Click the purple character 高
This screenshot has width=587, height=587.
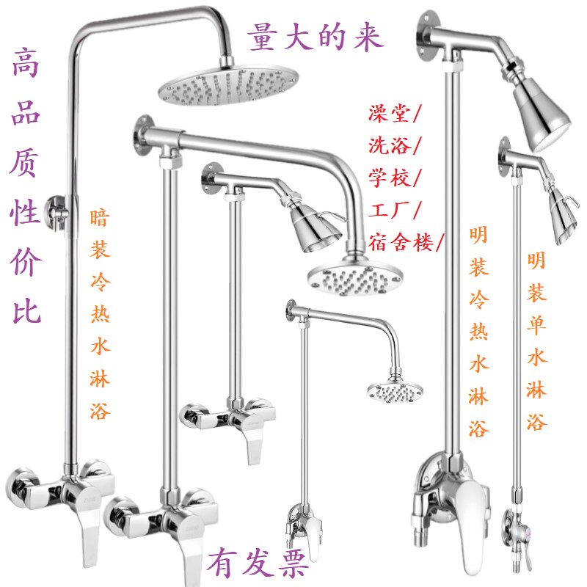(x=26, y=62)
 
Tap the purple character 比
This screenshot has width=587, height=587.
(x=26, y=311)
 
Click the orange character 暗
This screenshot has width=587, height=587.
(x=100, y=218)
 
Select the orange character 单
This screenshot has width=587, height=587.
(x=536, y=324)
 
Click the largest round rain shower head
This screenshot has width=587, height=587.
(x=228, y=87)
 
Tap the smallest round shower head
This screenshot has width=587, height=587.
(x=395, y=392)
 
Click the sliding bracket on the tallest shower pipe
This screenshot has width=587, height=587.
(x=58, y=212)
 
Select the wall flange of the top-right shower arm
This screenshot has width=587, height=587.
(x=428, y=36)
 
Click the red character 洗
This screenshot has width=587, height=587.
(x=378, y=145)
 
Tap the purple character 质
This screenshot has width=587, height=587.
(x=25, y=162)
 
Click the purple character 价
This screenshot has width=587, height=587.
(x=26, y=262)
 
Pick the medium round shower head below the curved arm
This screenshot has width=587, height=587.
(x=355, y=278)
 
